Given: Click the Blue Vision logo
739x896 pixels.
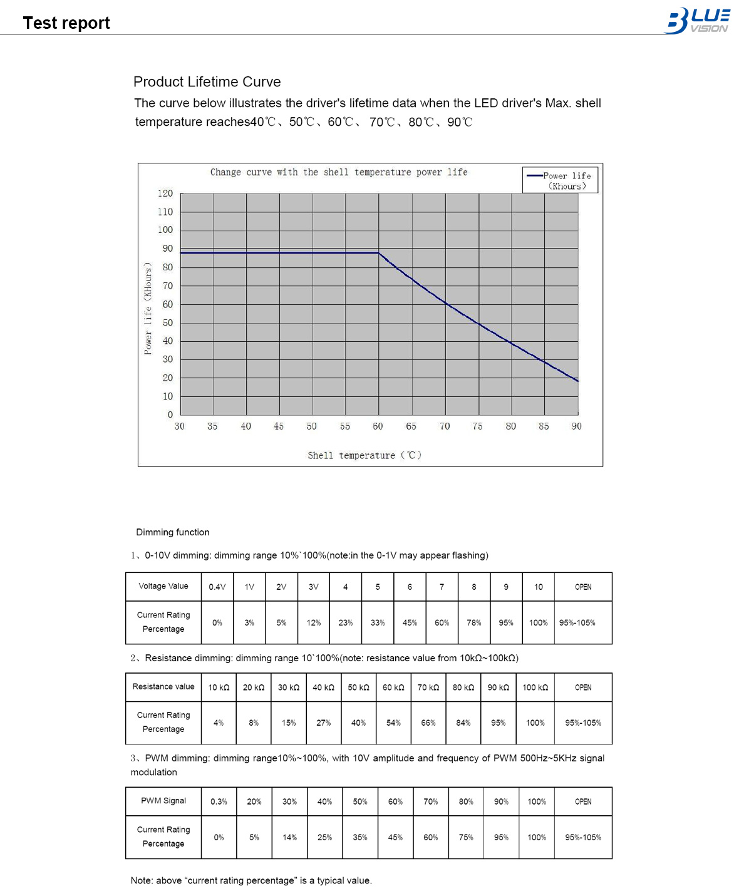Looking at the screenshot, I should [x=697, y=20].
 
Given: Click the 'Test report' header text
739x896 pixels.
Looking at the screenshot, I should [x=66, y=23].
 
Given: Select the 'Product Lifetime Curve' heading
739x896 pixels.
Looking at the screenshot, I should [x=207, y=82].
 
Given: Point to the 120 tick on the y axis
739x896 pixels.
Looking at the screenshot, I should [x=165, y=193].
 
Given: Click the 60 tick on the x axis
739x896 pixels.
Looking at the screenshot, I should [x=378, y=426].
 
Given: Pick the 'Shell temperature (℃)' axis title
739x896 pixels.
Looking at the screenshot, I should [x=364, y=455].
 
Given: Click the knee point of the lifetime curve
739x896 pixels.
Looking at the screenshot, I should [x=378, y=253].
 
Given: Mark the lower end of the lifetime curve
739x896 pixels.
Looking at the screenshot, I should [x=577, y=381].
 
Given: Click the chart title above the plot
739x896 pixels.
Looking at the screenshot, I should [x=339, y=172].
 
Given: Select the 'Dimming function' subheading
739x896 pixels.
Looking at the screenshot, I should [x=173, y=532].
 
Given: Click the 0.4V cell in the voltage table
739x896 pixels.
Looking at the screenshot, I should [x=217, y=587].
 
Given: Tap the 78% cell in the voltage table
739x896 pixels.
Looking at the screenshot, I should [x=474, y=622].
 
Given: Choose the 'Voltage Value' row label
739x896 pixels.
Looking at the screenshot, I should [x=163, y=586].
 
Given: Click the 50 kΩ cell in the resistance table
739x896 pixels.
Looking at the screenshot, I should [x=359, y=687].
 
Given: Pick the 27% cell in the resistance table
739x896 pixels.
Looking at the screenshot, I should [x=324, y=723].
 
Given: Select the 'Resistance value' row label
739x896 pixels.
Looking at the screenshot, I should [x=163, y=687].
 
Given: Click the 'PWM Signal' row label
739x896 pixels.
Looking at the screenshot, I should [x=163, y=801].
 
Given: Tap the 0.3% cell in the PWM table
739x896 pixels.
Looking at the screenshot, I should [x=219, y=801].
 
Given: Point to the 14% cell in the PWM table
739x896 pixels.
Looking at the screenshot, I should [x=289, y=837].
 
